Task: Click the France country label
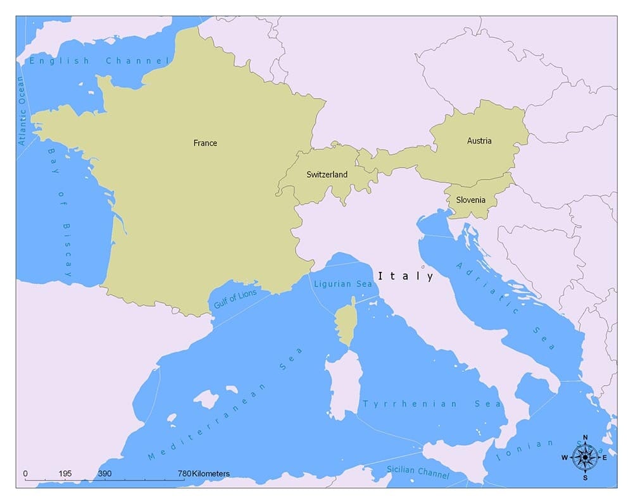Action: [x=205, y=143]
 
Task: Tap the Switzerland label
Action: [x=327, y=175]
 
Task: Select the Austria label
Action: [x=479, y=141]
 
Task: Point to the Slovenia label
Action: [x=470, y=200]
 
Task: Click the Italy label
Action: [x=405, y=276]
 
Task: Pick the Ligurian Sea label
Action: [x=343, y=284]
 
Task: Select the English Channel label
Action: [x=99, y=61]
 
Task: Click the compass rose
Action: [x=584, y=457]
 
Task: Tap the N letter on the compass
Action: [x=585, y=438]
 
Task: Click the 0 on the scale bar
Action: [x=25, y=474]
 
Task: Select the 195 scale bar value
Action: [x=65, y=474]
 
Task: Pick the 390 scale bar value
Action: [x=105, y=474]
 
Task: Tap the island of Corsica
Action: [x=346, y=324]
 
